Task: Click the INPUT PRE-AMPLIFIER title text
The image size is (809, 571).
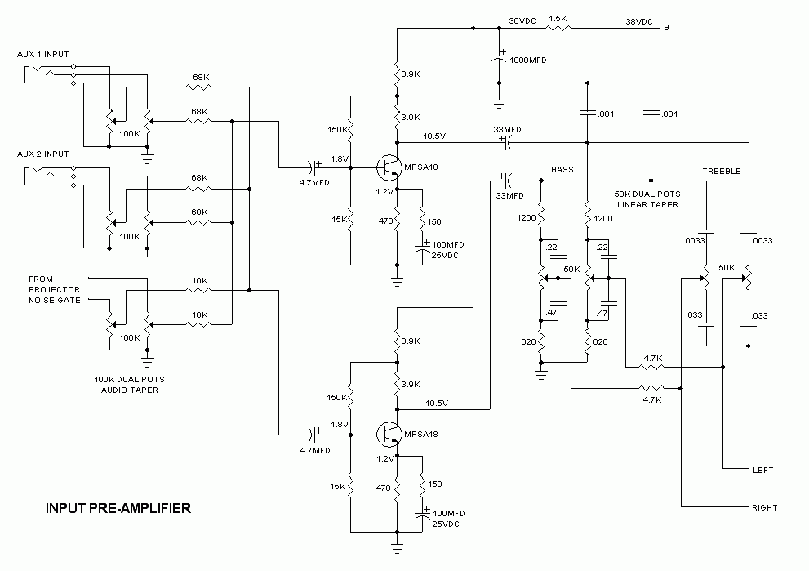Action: (118, 508)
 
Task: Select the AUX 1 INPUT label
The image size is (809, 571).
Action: (43, 55)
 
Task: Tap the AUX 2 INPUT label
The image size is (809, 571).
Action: (43, 154)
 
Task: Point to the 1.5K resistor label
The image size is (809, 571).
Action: (559, 18)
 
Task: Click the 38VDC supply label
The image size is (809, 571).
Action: (639, 22)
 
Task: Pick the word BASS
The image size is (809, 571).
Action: (562, 170)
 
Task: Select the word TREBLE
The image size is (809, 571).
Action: (721, 172)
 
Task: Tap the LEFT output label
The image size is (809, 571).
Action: (762, 471)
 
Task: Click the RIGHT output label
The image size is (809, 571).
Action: (764, 507)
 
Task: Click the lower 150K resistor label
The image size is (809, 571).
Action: (336, 397)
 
